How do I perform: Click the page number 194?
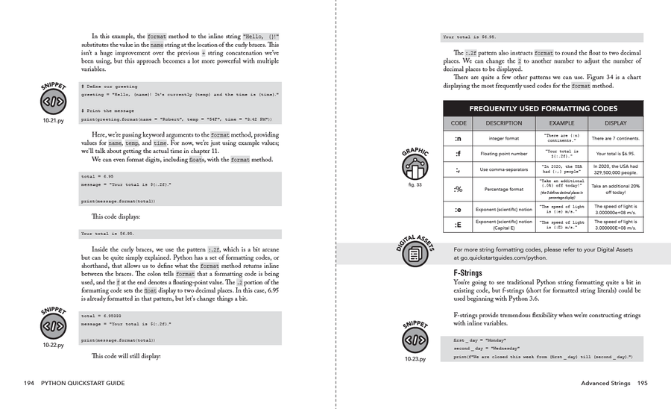[x=29, y=384]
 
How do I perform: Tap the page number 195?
[x=642, y=384]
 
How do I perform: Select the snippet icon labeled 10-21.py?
[x=53, y=103]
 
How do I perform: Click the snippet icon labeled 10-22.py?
[x=53, y=326]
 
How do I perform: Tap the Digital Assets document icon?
[x=415, y=255]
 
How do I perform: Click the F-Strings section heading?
[x=467, y=273]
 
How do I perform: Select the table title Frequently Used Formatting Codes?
[x=542, y=109]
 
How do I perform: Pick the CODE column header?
[x=459, y=123]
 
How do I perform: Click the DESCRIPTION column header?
[x=504, y=123]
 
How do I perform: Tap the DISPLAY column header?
[x=615, y=123]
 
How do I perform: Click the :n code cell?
[x=459, y=138]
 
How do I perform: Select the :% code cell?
[x=459, y=189]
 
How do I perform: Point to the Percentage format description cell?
[x=504, y=189]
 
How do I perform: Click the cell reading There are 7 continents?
[x=615, y=138]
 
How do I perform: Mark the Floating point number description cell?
[x=504, y=154]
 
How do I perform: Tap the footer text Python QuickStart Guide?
[x=83, y=384]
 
